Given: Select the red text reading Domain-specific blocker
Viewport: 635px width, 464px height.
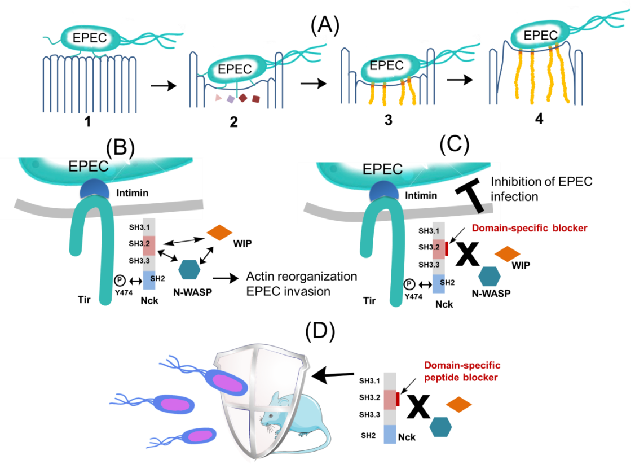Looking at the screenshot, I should pyautogui.click(x=530, y=229).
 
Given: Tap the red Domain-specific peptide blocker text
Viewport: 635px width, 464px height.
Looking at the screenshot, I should pyautogui.click(x=462, y=371).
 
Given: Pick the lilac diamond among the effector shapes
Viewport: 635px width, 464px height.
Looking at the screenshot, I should pyautogui.click(x=231, y=99).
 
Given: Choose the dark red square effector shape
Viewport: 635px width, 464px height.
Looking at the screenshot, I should pyautogui.click(x=256, y=99).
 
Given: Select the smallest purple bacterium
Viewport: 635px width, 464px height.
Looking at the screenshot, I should pyautogui.click(x=197, y=436).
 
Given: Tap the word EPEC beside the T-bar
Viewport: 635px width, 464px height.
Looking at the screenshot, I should pyautogui.click(x=382, y=169).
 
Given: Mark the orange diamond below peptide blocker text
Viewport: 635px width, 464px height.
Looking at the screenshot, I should pyautogui.click(x=458, y=405).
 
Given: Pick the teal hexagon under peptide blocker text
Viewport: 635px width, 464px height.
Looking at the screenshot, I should pyautogui.click(x=441, y=427).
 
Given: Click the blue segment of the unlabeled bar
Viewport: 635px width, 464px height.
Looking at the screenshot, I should pyautogui.click(x=390, y=435).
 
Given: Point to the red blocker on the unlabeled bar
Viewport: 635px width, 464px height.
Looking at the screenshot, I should pyautogui.click(x=398, y=399).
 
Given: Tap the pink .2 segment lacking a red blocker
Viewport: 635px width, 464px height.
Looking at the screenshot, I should pyautogui.click(x=149, y=246).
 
